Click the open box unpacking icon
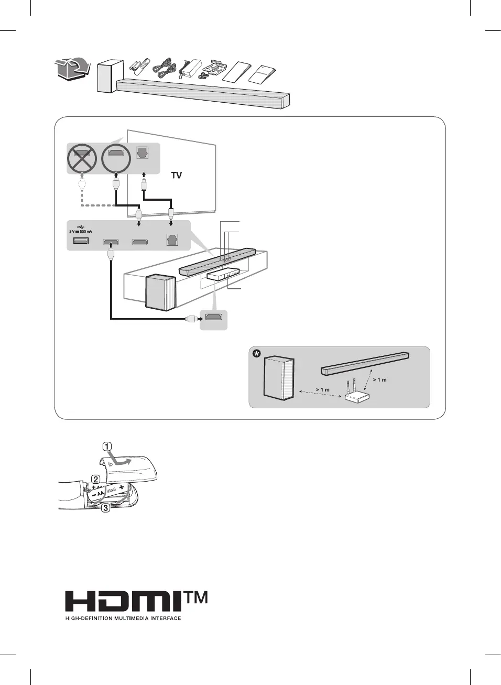pyautogui.click(x=71, y=69)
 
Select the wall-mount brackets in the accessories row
pyautogui.click(x=215, y=68)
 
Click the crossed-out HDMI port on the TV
pyautogui.click(x=82, y=158)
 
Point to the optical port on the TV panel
pyautogui.click(x=143, y=153)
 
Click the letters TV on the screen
pyautogui.click(x=177, y=176)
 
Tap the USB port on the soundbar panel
pyautogui.click(x=81, y=241)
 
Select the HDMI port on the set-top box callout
pyautogui.click(x=213, y=317)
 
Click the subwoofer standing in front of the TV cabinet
pyautogui.click(x=160, y=292)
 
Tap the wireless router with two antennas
pyautogui.click(x=356, y=394)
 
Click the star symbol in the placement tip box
pyautogui.click(x=256, y=354)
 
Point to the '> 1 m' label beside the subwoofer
pyautogui.click(x=322, y=389)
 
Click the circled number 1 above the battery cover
pyautogui.click(x=107, y=447)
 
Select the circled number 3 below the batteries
pyautogui.click(x=106, y=507)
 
